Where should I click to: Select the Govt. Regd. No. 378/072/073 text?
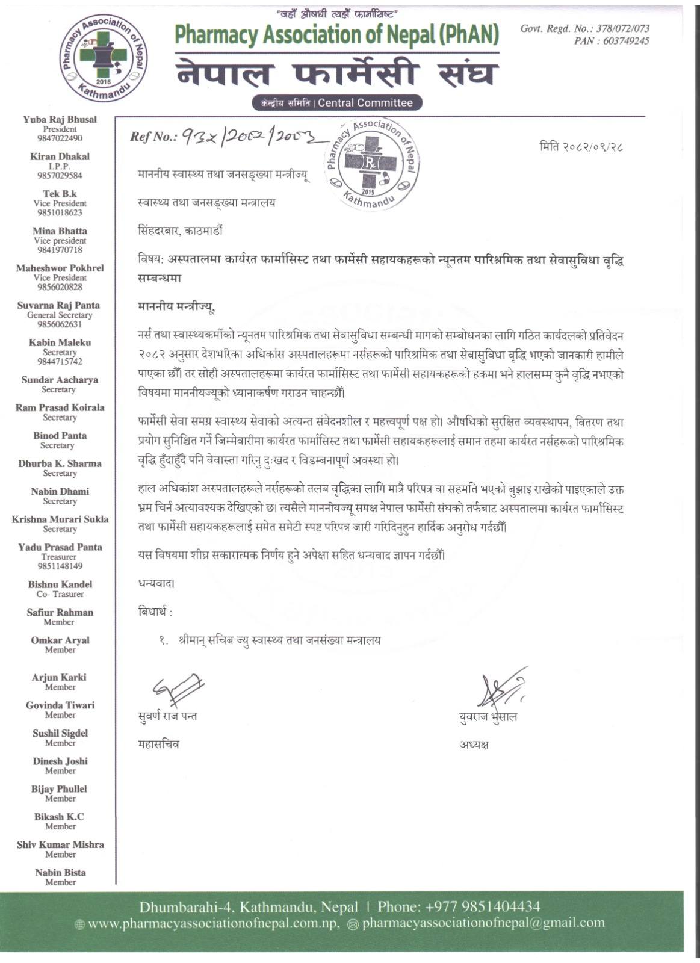click(x=584, y=28)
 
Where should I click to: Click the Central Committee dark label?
click(x=337, y=103)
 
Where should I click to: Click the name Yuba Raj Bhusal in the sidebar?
click(x=60, y=119)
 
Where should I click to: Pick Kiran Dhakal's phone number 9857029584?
click(x=60, y=176)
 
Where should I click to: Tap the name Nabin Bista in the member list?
click(x=60, y=872)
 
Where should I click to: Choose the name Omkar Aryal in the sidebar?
click(x=60, y=640)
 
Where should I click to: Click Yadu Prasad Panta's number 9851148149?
click(x=60, y=566)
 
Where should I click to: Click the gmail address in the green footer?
click(x=483, y=923)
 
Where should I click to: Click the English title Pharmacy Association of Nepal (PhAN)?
click(x=337, y=36)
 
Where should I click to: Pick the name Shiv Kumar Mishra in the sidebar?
click(x=60, y=844)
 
